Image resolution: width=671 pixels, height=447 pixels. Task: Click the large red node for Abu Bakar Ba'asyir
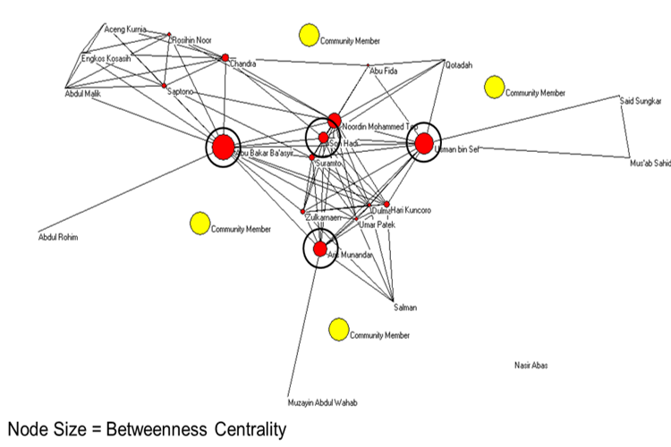[223, 147]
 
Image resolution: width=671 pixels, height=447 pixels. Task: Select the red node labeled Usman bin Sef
[424, 143]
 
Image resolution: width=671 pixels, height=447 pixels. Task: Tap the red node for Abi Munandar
[319, 249]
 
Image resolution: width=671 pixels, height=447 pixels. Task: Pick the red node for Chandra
[225, 58]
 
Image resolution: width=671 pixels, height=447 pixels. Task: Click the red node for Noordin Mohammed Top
[334, 120]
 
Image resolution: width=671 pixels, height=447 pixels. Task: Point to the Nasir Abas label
[531, 366]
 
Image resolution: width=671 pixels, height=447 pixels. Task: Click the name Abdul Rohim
[58, 237]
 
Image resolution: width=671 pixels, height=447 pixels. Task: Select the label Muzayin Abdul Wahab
[322, 403]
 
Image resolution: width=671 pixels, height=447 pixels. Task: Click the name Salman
[405, 308]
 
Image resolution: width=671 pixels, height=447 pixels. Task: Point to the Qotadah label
[457, 64]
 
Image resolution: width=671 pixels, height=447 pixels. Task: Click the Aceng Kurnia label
[125, 30]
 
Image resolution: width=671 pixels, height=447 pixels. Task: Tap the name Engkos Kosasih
[106, 59]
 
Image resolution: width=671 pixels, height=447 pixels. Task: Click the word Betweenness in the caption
[169, 430]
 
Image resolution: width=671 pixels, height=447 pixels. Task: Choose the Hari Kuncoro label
[411, 210]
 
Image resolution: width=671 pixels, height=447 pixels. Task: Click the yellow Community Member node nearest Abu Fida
[309, 36]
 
